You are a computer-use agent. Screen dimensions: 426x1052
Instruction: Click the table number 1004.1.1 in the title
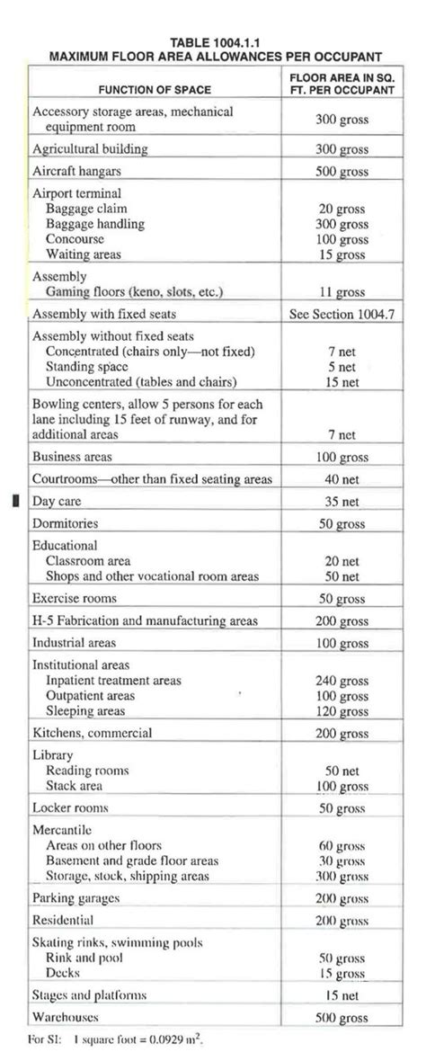[x=243, y=42]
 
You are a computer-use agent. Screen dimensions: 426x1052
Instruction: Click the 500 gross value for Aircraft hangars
[x=342, y=171]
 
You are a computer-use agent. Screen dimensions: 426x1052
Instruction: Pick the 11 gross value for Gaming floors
[x=342, y=293]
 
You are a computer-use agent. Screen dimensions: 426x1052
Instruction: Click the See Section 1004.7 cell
[x=342, y=315]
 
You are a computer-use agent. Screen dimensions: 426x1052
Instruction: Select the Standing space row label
[x=87, y=367]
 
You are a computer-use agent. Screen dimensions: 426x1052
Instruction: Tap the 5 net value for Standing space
[x=342, y=367]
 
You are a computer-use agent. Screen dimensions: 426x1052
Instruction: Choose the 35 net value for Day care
[x=342, y=502]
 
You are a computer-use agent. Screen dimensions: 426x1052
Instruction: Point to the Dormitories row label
[x=66, y=522]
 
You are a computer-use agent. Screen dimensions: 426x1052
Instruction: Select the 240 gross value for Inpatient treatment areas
[x=342, y=681]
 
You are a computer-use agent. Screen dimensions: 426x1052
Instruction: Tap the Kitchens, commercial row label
[x=93, y=733]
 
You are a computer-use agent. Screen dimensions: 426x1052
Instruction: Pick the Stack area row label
[x=80, y=786]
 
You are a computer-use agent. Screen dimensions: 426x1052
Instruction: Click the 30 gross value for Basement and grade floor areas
[x=342, y=860]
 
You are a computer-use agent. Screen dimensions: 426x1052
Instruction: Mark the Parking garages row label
[x=76, y=898]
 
